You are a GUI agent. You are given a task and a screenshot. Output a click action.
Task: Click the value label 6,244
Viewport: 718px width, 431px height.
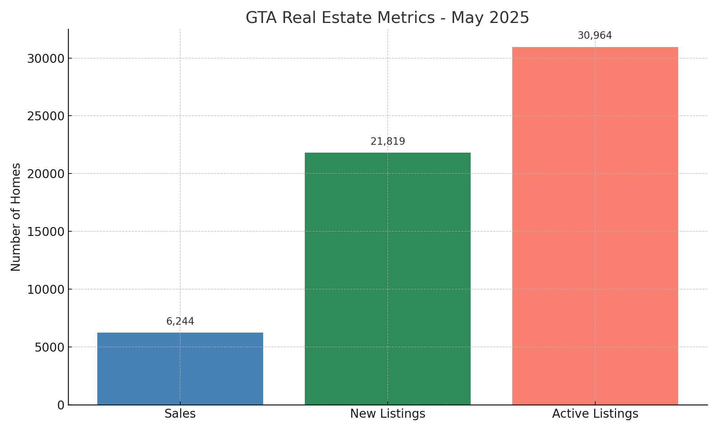(180, 321)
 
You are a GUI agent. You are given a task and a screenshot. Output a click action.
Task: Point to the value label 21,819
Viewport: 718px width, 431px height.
(388, 142)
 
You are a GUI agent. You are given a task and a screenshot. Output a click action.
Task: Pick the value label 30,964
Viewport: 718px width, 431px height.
(595, 36)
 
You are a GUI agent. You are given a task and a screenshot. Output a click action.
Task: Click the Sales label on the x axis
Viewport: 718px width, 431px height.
(180, 414)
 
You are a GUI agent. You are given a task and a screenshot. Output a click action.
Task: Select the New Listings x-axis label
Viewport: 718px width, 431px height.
(388, 414)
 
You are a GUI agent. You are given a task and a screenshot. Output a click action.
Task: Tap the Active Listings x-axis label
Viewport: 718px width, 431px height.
(595, 414)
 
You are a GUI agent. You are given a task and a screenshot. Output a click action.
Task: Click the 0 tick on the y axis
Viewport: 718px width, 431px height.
(61, 405)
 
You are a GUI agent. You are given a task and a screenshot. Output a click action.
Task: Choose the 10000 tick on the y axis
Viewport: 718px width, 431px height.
(46, 289)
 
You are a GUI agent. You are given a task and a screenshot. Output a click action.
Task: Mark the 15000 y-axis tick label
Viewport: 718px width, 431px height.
(46, 232)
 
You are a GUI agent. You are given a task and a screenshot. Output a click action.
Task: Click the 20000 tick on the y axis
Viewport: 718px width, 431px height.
(46, 174)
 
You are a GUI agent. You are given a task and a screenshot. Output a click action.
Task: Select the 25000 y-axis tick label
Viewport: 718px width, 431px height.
(46, 116)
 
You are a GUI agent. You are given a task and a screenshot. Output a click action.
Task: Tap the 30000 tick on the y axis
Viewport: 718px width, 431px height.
(46, 59)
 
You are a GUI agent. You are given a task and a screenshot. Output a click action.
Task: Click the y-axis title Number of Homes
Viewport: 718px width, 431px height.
(16, 217)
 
